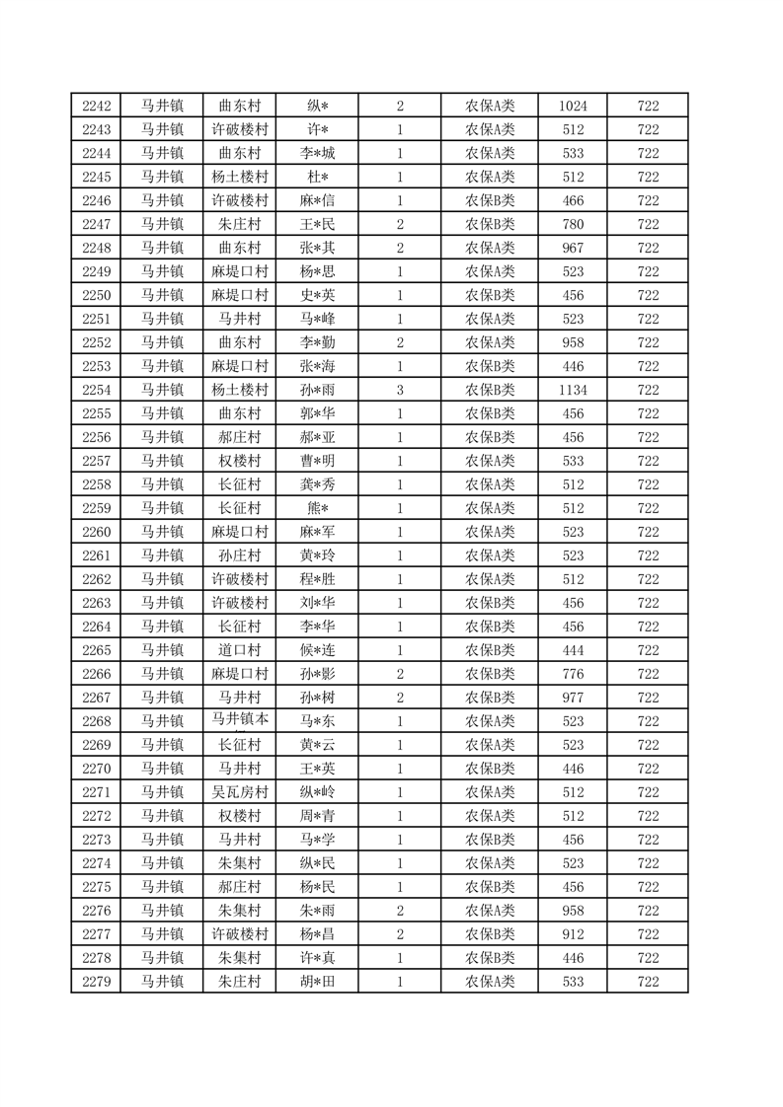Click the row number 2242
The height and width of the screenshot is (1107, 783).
click(x=96, y=107)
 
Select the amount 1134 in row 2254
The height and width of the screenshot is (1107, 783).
click(x=573, y=390)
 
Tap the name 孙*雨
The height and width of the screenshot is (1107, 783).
click(x=318, y=390)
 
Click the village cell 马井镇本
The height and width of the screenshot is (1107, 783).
click(x=240, y=721)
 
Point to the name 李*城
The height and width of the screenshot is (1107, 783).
click(x=318, y=153)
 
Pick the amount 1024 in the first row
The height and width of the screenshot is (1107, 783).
click(x=573, y=107)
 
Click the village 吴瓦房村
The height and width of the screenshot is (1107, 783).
click(x=240, y=792)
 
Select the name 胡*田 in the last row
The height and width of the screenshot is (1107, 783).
click(x=318, y=982)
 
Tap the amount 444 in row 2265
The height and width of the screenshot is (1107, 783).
click(x=573, y=650)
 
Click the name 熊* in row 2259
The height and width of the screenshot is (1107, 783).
click(x=318, y=508)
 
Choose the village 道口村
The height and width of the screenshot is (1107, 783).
click(x=240, y=650)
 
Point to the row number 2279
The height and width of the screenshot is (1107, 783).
click(x=96, y=982)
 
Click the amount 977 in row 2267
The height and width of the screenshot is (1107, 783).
click(x=573, y=698)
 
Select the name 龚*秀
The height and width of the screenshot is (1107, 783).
click(x=318, y=484)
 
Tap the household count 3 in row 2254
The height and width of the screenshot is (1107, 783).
click(x=400, y=390)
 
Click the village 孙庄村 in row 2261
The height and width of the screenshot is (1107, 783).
click(x=240, y=555)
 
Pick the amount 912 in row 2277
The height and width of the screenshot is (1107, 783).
click(x=573, y=934)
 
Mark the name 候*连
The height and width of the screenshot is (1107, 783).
click(x=318, y=650)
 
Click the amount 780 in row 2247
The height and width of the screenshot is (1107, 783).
click(x=573, y=224)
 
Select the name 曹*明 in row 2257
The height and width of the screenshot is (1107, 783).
click(x=318, y=461)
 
